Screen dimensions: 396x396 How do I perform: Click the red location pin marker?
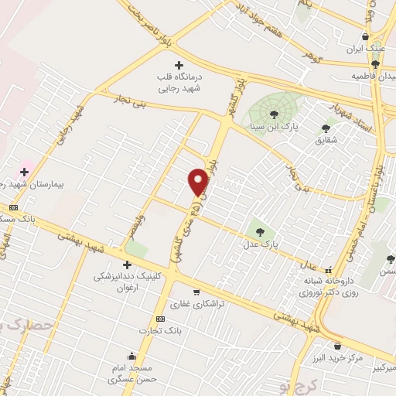tap(199, 182)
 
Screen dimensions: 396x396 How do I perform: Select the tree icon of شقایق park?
tap(324, 128)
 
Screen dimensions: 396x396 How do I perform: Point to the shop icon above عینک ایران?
tap(365, 36)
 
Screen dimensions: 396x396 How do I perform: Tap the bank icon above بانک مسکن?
tap(13, 207)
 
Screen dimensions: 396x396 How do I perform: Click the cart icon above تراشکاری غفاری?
tap(196, 292)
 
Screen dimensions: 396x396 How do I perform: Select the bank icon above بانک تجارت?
tap(160, 319)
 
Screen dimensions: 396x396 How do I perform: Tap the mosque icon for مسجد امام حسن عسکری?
tap(131, 357)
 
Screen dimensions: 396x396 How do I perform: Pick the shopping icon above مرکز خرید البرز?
tap(336, 346)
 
